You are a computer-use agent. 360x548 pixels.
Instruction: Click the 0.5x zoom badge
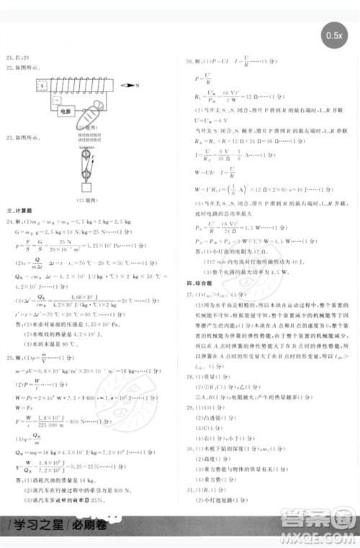tap(334, 35)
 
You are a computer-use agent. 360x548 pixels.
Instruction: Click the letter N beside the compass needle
tap(137, 85)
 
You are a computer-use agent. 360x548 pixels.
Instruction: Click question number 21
tap(9, 56)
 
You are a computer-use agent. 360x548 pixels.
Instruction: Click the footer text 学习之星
tap(28, 521)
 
